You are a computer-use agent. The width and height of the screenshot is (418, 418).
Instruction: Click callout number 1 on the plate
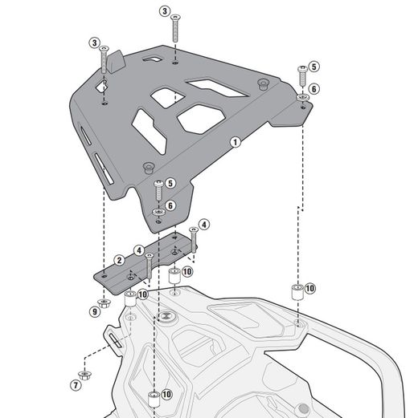pyautogui.click(x=235, y=142)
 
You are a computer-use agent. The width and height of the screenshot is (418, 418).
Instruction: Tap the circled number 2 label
pyautogui.click(x=119, y=259)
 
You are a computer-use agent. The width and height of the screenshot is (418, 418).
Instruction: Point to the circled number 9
pyautogui.click(x=94, y=310)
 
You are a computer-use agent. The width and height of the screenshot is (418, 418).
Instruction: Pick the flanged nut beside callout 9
pyautogui.click(x=104, y=302)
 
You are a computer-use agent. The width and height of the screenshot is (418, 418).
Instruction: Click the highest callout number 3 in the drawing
pyautogui.click(x=164, y=11)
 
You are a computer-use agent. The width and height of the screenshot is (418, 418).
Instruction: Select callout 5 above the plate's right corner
pyautogui.click(x=314, y=67)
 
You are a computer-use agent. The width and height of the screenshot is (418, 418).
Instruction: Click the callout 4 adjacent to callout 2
pyautogui.click(x=139, y=250)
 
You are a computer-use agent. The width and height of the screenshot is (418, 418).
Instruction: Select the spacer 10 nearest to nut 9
pyautogui.click(x=129, y=299)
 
